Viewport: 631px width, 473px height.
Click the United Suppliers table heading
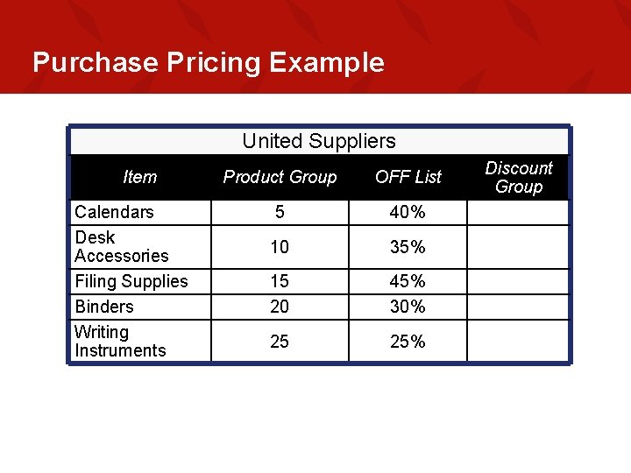click(x=319, y=141)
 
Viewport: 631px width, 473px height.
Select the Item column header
click(x=140, y=177)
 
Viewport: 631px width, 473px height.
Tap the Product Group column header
click(x=280, y=177)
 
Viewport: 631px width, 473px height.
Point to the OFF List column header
click(x=408, y=177)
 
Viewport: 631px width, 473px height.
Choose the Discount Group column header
click(x=519, y=177)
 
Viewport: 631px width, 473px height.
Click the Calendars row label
click(x=114, y=212)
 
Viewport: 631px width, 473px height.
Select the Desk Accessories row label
click(x=122, y=247)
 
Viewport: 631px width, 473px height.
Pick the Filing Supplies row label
click(x=131, y=281)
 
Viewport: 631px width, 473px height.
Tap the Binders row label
click(x=104, y=307)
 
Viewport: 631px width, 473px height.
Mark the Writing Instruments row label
click(x=120, y=342)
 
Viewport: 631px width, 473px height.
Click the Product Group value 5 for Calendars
click(x=280, y=212)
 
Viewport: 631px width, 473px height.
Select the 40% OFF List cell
click(x=408, y=212)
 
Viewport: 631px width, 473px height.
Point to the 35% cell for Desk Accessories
click(x=408, y=247)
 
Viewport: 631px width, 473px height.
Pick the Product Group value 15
click(x=280, y=281)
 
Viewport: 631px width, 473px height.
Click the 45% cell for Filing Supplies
click(x=408, y=281)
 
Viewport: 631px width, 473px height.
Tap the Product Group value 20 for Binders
click(x=280, y=307)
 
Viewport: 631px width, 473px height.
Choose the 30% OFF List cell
click(x=408, y=307)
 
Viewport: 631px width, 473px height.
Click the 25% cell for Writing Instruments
click(x=408, y=342)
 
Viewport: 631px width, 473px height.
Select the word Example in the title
click(x=327, y=63)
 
